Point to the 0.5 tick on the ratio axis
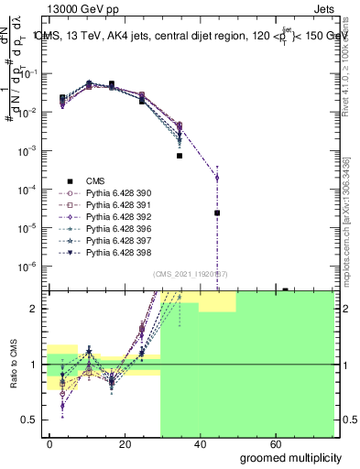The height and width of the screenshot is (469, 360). point(30,420)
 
